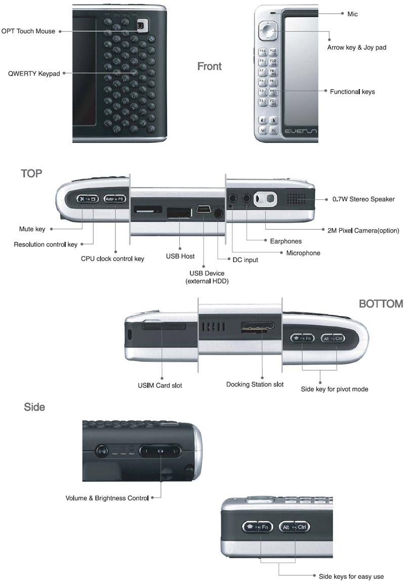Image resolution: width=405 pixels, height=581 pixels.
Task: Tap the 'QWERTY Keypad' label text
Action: (x=34, y=73)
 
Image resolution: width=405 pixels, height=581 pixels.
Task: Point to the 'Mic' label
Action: (x=352, y=14)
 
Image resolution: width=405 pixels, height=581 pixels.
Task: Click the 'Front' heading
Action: (x=209, y=66)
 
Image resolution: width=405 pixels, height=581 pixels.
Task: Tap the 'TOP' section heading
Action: (x=31, y=174)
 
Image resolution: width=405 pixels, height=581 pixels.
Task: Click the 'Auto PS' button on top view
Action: (x=114, y=199)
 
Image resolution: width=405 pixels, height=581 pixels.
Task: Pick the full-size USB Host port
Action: (x=179, y=212)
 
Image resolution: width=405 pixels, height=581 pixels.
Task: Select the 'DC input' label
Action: (x=246, y=260)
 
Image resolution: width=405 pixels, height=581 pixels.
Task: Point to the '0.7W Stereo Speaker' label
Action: (x=363, y=199)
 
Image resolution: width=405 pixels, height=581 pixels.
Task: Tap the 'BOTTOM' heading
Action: (x=381, y=304)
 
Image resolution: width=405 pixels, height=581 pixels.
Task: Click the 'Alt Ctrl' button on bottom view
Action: (x=333, y=338)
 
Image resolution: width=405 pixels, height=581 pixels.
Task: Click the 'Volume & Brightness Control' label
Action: (x=107, y=498)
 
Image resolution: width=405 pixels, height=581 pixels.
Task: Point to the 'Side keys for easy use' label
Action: (x=351, y=576)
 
